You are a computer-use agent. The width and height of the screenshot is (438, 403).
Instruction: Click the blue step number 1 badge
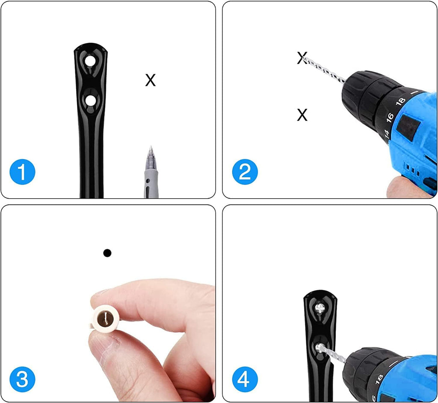22,172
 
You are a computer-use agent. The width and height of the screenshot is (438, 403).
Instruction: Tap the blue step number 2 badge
245,172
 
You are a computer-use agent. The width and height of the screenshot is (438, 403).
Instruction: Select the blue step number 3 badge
22,379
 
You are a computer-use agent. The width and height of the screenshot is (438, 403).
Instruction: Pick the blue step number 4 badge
245,379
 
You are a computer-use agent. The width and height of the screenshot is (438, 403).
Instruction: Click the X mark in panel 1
150,80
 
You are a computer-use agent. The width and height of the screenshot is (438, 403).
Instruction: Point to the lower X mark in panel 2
302,115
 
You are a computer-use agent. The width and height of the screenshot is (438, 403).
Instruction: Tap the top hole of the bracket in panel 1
90,61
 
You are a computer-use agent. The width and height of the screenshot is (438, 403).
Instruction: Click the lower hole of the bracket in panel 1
90,101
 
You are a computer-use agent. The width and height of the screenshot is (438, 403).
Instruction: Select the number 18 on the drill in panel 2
400,101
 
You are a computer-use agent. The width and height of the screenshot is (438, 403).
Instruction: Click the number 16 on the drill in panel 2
390,117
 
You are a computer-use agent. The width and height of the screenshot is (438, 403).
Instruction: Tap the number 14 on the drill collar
387,134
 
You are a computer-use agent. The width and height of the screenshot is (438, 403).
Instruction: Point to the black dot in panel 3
107,253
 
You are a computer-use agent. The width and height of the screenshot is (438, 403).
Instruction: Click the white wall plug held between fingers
106,318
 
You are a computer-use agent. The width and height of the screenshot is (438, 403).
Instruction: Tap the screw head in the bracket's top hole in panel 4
320,308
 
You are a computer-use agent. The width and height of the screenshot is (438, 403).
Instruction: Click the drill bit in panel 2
324,70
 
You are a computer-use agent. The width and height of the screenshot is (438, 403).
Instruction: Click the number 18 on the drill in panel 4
379,380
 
